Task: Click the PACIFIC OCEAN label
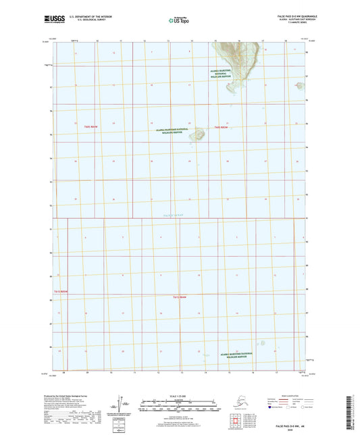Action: [x=174, y=214]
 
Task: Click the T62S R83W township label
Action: [x=222, y=127]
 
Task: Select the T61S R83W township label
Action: [x=179, y=298]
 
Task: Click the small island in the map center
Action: [x=199, y=134]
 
